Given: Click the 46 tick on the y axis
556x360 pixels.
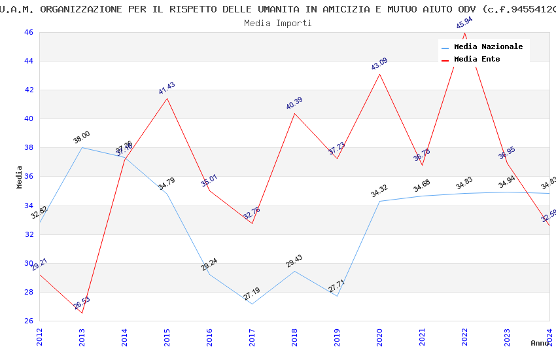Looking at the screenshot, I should (28, 32).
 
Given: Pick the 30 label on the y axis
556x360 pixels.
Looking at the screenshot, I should (28, 263).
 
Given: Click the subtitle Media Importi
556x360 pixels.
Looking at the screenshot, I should (278, 23).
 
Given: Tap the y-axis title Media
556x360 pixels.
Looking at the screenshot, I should (20, 177).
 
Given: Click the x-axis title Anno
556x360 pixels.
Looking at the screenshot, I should (540, 343).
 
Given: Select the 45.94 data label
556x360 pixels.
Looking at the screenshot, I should (464, 23).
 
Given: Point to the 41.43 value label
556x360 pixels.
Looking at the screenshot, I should (167, 88).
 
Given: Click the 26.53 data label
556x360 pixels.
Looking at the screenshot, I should (82, 303).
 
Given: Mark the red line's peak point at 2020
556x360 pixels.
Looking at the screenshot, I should (379, 74).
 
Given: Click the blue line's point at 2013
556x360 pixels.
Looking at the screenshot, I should (82, 147).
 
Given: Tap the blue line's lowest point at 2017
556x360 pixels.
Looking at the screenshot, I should (252, 304).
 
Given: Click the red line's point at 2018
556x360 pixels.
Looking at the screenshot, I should (294, 113).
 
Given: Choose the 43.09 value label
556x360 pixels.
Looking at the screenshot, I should (379, 64).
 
